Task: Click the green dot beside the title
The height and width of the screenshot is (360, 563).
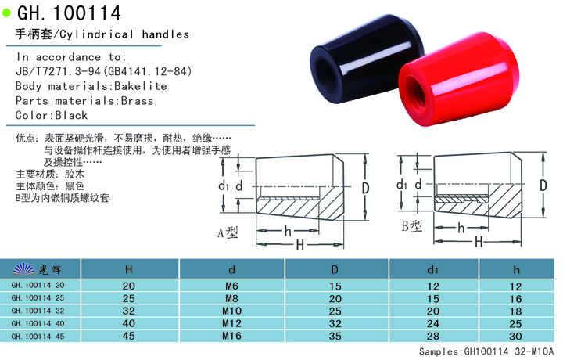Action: click(x=8, y=14)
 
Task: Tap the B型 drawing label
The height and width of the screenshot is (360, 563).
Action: click(x=411, y=228)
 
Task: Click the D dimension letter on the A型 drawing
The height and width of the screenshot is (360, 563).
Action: click(x=364, y=188)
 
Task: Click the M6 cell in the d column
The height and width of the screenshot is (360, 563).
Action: click(x=231, y=286)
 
